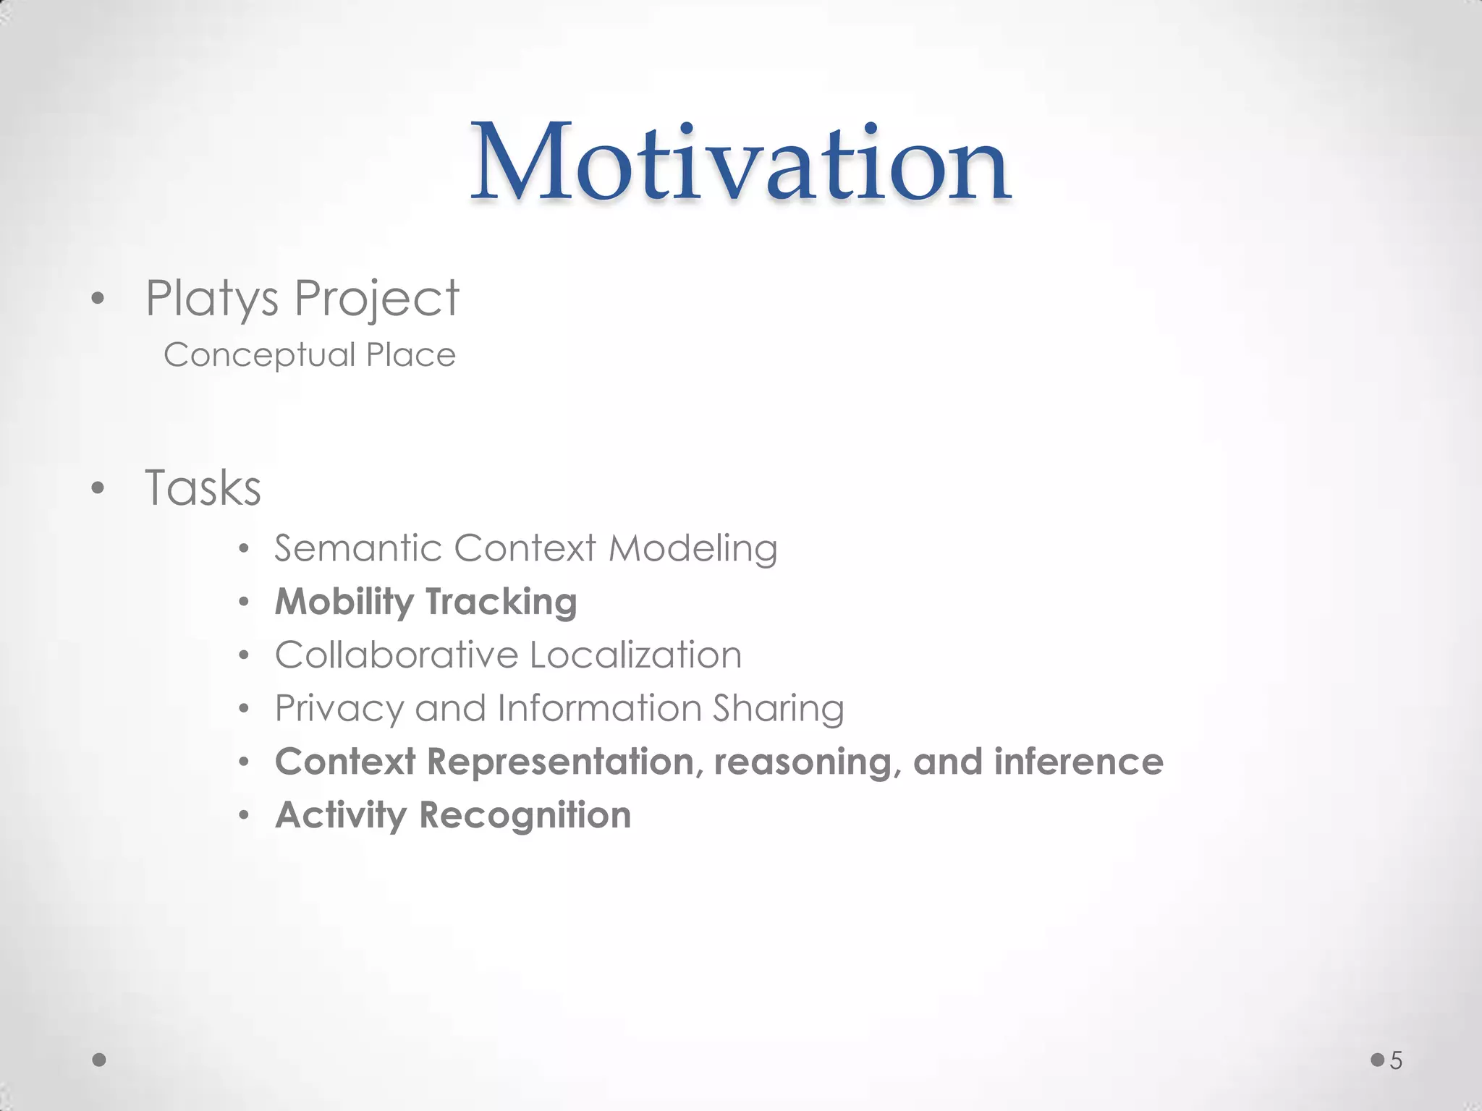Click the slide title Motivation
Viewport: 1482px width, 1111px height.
coord(741,163)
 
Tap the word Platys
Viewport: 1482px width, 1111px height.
coord(211,299)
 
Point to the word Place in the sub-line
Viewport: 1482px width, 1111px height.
coord(410,355)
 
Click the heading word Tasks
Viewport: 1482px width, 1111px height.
coord(203,488)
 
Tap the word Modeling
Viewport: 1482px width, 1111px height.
coord(693,548)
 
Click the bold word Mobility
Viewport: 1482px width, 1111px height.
coord(344,602)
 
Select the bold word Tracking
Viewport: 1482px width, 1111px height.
coord(501,602)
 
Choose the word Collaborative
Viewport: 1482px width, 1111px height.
coord(396,655)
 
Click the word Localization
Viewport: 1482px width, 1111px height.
coord(635,655)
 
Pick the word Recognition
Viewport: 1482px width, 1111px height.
coord(525,815)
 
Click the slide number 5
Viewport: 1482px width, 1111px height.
coord(1396,1061)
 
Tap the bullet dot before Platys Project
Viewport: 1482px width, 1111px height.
coord(98,299)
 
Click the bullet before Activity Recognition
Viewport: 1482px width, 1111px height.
coord(245,816)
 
